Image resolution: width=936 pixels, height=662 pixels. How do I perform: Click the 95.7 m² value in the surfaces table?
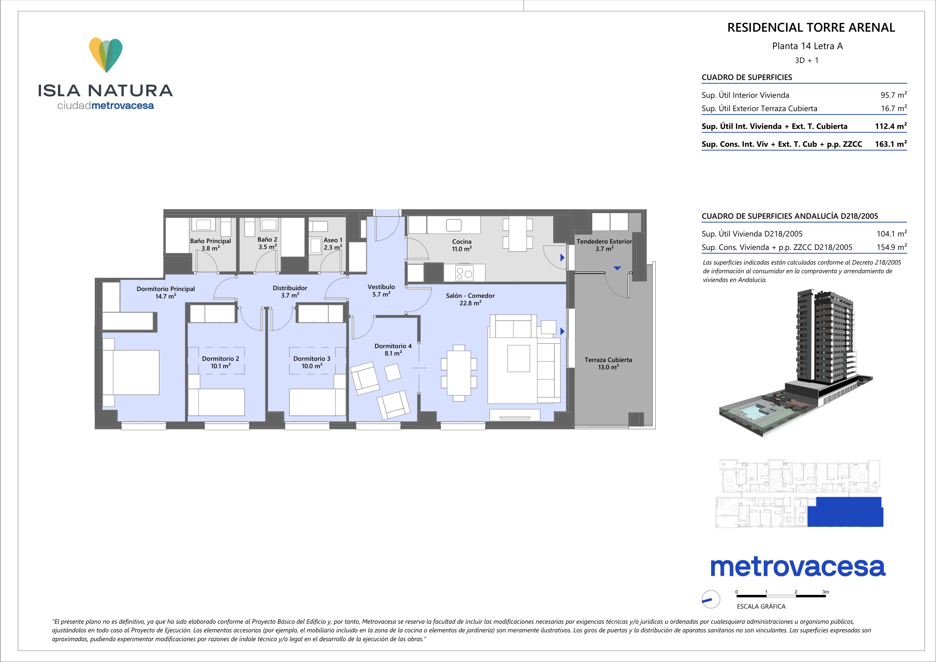894,95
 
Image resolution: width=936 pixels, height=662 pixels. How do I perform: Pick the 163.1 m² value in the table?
891,144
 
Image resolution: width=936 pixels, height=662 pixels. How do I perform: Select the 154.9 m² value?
892,247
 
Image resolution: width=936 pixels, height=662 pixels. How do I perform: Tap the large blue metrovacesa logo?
798,567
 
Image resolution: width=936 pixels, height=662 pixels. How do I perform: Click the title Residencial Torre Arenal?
811,28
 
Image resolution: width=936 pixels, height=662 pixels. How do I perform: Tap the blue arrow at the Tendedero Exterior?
617,268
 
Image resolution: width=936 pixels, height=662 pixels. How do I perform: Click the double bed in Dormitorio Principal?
130,372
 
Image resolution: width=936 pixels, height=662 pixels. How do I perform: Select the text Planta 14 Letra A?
807,46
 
